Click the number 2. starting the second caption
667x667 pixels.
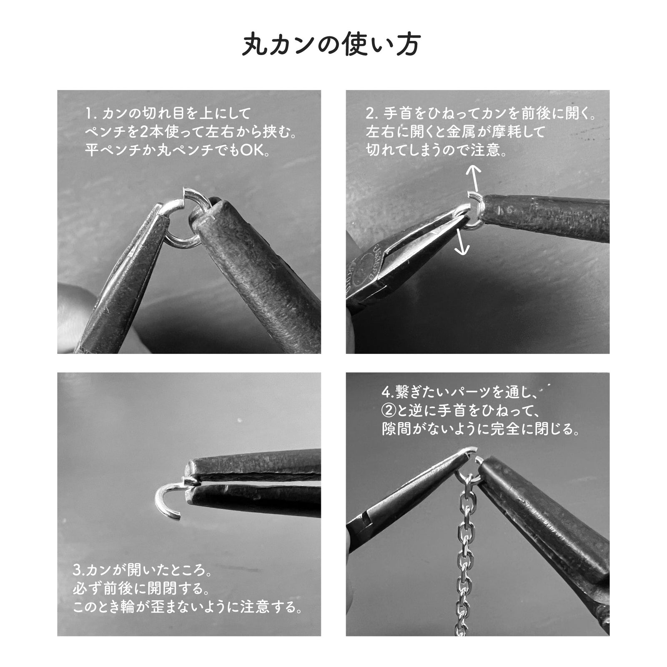pos(372,113)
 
